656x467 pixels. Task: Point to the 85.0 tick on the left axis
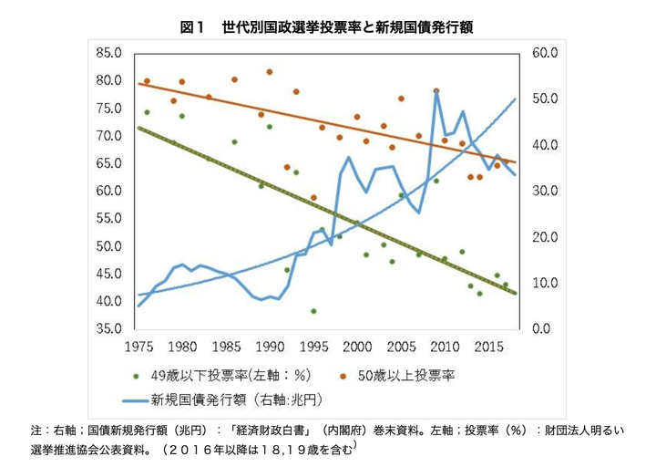click(108, 53)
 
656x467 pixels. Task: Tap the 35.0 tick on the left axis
click(108, 328)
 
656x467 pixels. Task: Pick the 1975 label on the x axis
click(138, 347)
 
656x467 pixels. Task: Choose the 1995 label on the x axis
click(313, 347)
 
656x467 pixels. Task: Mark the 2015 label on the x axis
click(487, 347)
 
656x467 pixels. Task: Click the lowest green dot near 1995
click(313, 311)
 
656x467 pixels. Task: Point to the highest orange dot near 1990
click(270, 72)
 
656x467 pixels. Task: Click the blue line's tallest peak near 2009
click(436, 91)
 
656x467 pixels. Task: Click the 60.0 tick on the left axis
click(108, 191)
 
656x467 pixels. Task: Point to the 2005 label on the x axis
click(400, 347)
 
